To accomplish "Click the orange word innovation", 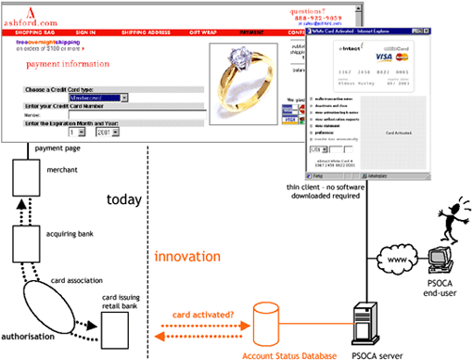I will tap(186, 255).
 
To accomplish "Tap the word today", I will tap(122, 199).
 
